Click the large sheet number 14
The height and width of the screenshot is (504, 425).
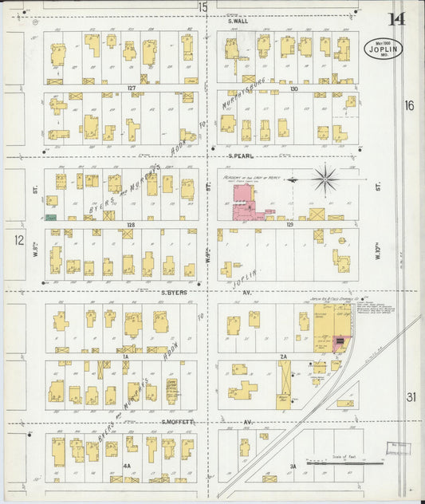click(x=396, y=19)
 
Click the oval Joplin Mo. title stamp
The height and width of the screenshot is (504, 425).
click(x=384, y=48)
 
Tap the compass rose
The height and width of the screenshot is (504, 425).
click(x=325, y=179)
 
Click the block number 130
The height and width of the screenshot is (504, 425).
click(x=293, y=88)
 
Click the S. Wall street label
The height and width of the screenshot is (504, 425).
click(x=238, y=21)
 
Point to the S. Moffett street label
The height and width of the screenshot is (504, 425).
click(x=179, y=421)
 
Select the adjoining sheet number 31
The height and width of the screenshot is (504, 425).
click(x=411, y=396)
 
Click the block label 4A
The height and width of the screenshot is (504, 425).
click(x=127, y=464)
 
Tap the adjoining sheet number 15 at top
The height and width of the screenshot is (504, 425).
click(x=203, y=7)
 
